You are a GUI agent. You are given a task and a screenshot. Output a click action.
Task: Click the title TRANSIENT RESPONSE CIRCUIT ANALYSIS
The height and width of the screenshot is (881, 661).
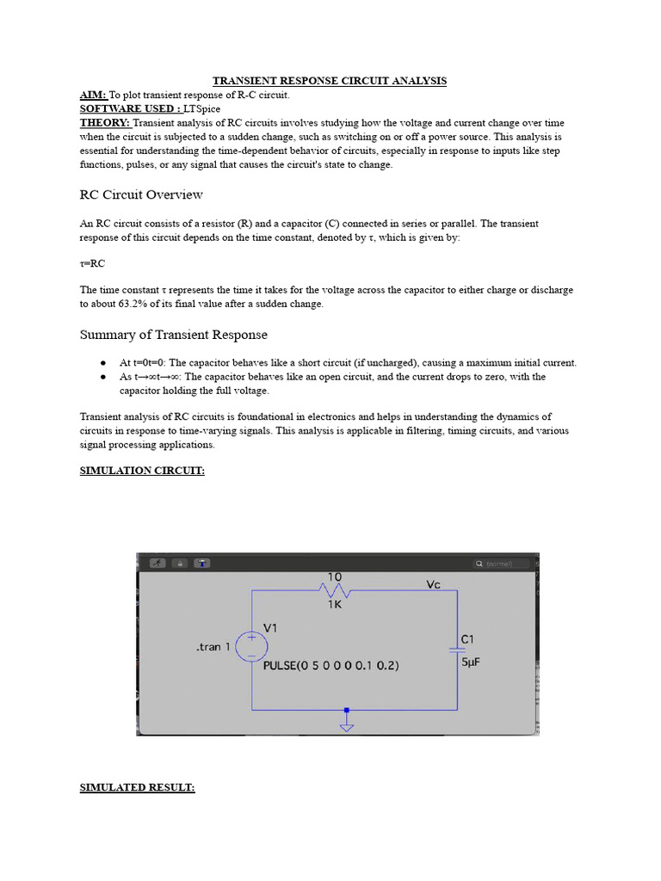click(x=330, y=81)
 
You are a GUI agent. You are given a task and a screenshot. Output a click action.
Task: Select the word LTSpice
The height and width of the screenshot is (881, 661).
click(x=202, y=109)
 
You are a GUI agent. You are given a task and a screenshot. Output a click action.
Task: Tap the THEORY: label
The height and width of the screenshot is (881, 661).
click(x=105, y=123)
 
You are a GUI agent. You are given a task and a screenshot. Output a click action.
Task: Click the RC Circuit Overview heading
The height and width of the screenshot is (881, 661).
click(x=141, y=194)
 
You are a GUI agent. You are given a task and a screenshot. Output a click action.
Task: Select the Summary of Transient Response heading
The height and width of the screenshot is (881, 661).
click(x=173, y=335)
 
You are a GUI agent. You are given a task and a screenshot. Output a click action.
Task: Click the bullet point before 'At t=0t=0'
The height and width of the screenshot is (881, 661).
click(x=102, y=363)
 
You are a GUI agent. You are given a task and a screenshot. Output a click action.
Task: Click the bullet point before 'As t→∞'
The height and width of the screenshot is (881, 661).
click(x=102, y=377)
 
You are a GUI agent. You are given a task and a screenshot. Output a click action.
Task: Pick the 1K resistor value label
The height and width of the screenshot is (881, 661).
click(x=335, y=605)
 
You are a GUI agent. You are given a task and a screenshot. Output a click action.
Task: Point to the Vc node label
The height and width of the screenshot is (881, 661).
click(x=434, y=584)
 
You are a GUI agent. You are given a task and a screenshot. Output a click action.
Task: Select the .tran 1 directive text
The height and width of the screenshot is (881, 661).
click(x=213, y=647)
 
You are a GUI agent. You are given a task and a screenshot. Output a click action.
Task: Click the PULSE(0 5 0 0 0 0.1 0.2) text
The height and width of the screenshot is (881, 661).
click(x=330, y=666)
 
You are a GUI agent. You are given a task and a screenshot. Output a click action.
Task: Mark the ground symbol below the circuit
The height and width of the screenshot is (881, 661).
click(x=346, y=724)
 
